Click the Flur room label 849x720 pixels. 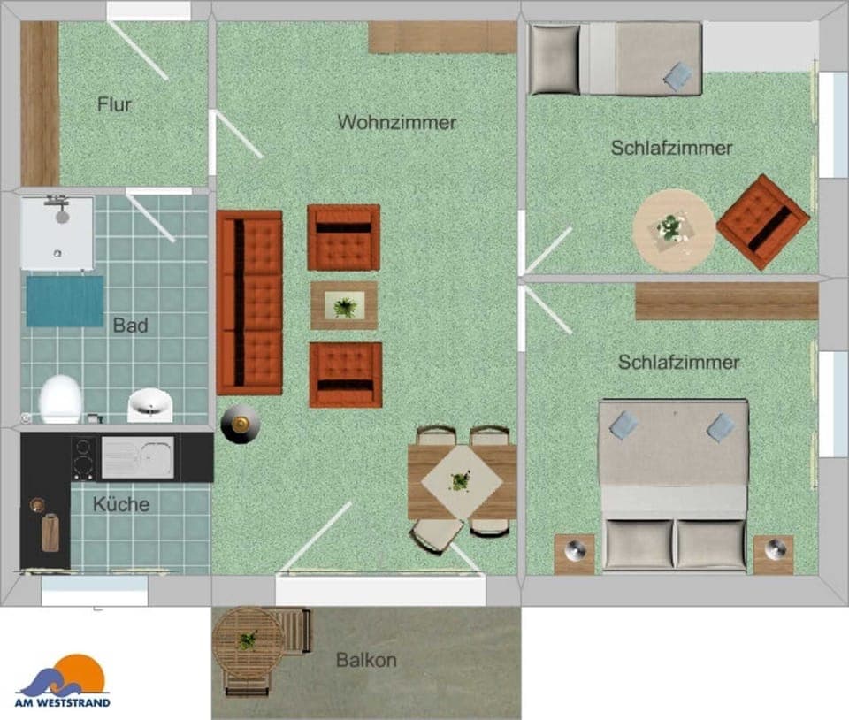click(114, 104)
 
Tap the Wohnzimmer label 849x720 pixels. click(397, 122)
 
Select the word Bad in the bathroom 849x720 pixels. click(130, 326)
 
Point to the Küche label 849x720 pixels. click(121, 505)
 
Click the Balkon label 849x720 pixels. click(366, 660)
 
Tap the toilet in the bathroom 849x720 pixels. click(60, 399)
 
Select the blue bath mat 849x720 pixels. click(64, 301)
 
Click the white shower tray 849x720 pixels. click(57, 233)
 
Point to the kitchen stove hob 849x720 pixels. click(84, 457)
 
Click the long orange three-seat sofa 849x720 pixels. click(249, 302)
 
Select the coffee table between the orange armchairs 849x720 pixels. click(344, 306)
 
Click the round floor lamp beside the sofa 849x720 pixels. click(240, 425)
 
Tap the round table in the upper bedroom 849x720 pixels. click(674, 230)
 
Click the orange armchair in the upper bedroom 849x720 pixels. click(762, 221)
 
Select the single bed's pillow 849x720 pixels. click(555, 59)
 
